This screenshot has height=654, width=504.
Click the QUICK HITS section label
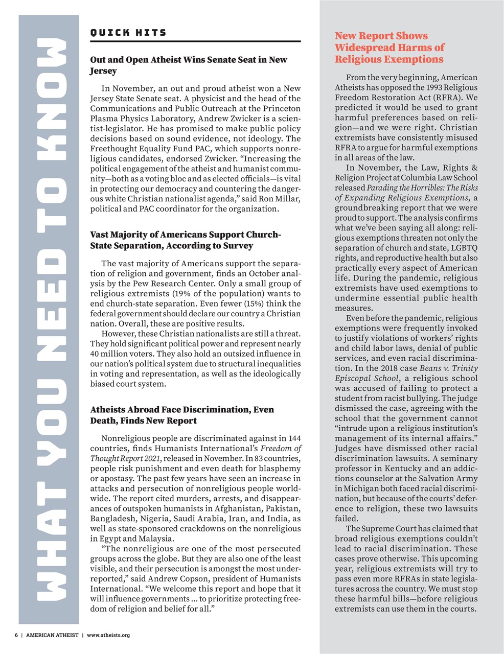coord(128,33)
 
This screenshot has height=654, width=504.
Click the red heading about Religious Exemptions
coord(389,48)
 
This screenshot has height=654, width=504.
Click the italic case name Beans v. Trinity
coord(448,368)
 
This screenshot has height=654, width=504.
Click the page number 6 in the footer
coord(16,635)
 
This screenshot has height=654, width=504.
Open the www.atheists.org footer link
coord(108,635)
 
